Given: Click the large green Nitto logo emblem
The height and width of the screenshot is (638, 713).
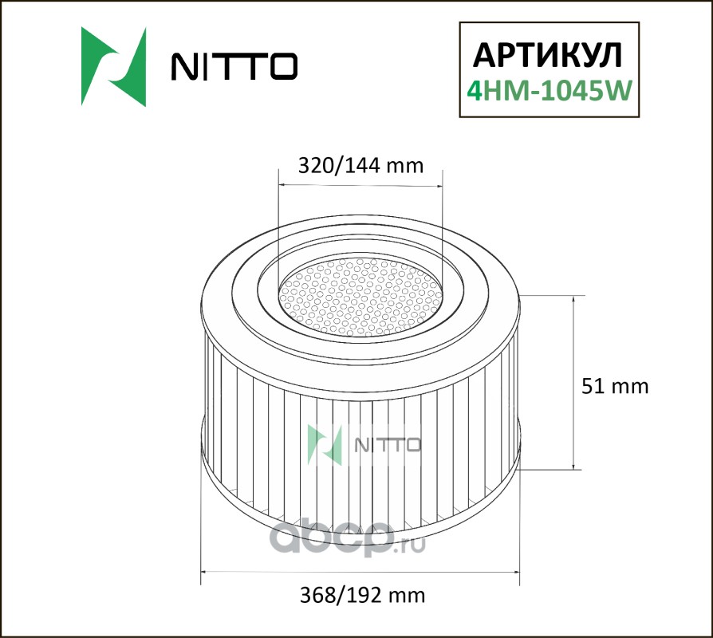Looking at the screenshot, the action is (114, 66).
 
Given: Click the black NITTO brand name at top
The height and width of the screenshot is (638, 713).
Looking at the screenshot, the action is (234, 66).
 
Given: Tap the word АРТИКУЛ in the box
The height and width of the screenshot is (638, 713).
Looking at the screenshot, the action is (547, 56).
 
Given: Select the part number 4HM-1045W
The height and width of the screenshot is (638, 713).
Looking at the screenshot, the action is (550, 90).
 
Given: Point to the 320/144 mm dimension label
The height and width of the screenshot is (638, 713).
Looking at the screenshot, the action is (360, 166).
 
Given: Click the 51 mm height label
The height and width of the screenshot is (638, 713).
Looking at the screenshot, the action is (615, 386).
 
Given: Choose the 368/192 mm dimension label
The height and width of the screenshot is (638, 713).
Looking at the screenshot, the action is (362, 595).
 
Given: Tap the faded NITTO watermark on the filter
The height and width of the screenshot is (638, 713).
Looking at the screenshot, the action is (364, 445).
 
